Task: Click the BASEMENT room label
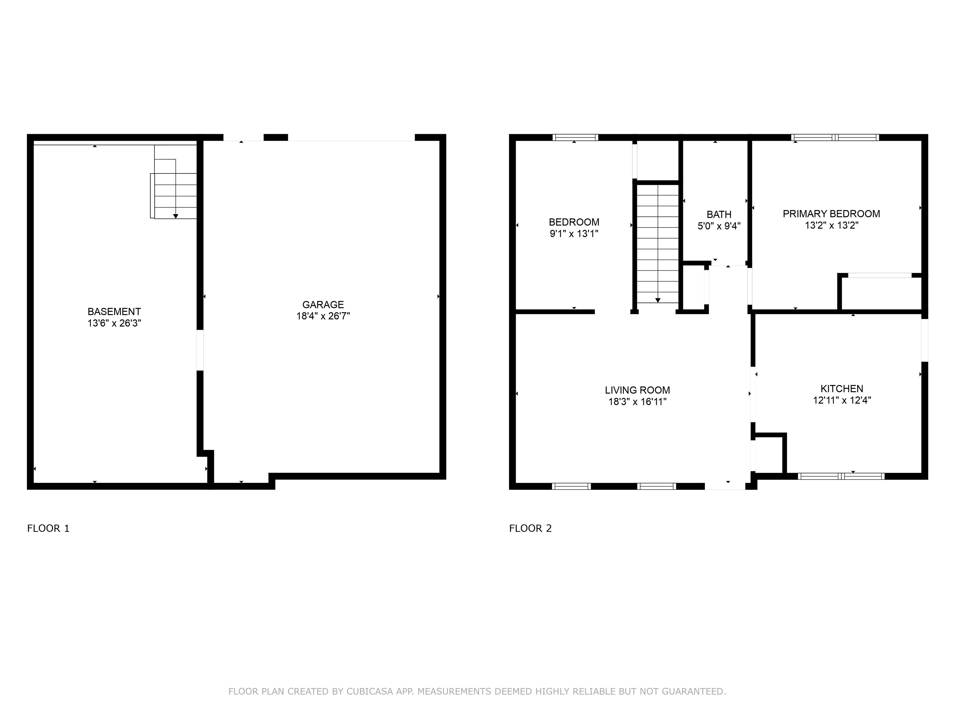[x=114, y=312]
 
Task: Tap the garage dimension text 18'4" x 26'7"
[x=323, y=316]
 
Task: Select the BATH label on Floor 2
[x=719, y=214]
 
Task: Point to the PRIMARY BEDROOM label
[x=831, y=213]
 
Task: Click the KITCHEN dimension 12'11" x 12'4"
[x=842, y=400]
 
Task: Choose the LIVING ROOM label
[x=637, y=390]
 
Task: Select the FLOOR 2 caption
[x=530, y=528]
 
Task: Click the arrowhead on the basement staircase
[x=176, y=216]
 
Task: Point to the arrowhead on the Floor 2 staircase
[x=657, y=300]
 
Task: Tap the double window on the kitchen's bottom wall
[x=841, y=476]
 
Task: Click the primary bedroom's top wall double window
[x=835, y=138]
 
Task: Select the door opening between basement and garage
[x=200, y=350]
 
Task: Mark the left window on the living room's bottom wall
[x=571, y=486]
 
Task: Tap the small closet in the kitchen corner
[x=769, y=455]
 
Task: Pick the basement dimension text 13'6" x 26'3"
[x=114, y=323]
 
